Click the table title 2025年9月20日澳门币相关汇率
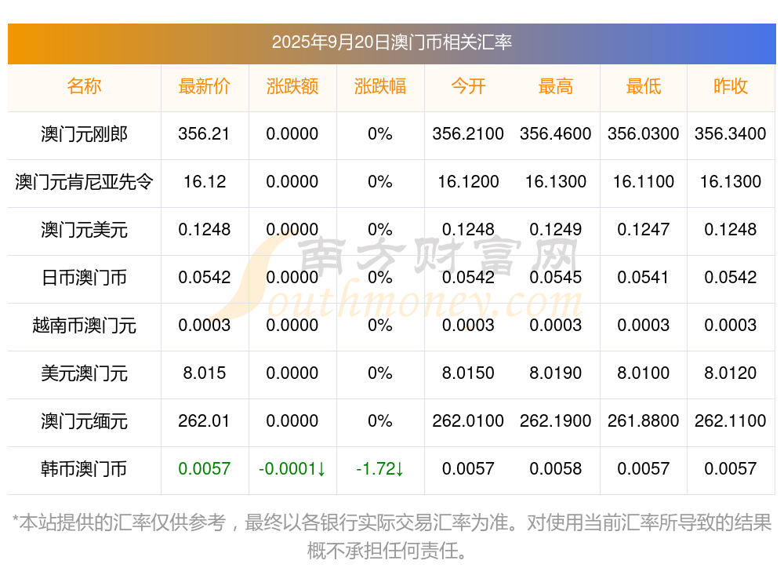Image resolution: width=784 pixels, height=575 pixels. [x=391, y=42]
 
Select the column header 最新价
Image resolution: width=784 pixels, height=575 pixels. [x=204, y=86]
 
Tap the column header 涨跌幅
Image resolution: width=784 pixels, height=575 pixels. [x=380, y=86]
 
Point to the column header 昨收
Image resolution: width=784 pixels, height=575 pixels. [x=731, y=86]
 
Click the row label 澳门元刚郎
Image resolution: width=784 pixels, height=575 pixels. [x=84, y=134]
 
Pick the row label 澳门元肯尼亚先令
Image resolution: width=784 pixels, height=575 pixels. [x=84, y=182]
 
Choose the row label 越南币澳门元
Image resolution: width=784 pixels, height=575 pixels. [x=84, y=326]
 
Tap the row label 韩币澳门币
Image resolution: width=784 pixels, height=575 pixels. [x=84, y=469]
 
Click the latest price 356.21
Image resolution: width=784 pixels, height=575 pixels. [x=204, y=134]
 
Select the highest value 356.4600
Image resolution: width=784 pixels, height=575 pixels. [x=555, y=134]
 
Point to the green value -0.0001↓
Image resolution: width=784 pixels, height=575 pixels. [x=292, y=469]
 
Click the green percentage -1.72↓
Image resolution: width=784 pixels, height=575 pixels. [x=380, y=469]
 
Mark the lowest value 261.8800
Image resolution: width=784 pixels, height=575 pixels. [x=643, y=421]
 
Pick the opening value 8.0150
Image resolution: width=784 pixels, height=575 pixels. [x=468, y=373]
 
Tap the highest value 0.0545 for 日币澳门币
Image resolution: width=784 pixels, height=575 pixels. [x=555, y=278]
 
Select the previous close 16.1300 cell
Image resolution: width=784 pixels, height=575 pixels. [x=731, y=182]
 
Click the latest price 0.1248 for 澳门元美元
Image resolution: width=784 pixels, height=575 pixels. [x=204, y=230]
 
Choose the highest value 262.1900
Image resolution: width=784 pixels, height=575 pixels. [x=555, y=421]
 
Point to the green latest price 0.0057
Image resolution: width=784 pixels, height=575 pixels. [x=204, y=469]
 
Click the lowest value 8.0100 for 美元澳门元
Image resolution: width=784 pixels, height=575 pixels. [x=643, y=373]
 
